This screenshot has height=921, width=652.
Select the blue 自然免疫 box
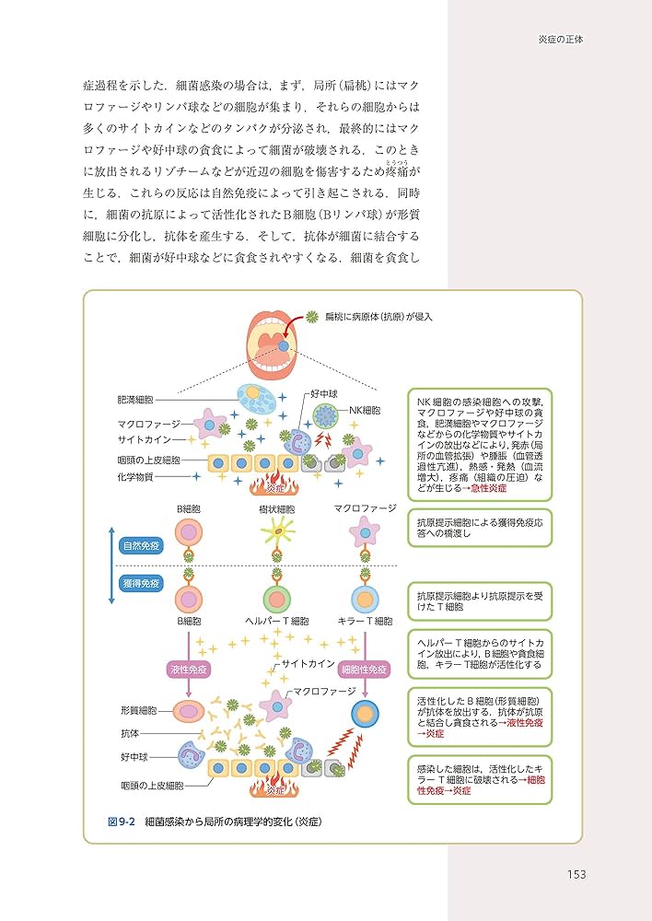(x=141, y=544)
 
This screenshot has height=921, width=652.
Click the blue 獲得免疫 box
(x=141, y=583)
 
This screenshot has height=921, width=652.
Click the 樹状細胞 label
(x=277, y=508)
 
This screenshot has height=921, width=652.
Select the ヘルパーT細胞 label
(x=277, y=622)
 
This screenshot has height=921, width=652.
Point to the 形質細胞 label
(x=138, y=711)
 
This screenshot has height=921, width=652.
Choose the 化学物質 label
(x=135, y=476)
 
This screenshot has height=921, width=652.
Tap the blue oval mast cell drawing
(x=255, y=399)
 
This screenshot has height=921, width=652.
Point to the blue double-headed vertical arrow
(x=112, y=564)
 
